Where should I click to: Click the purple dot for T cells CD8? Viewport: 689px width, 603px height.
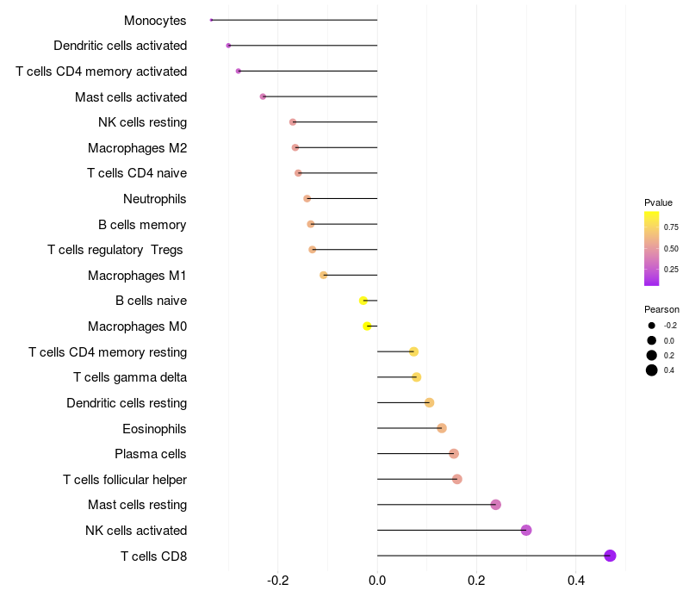click(610, 556)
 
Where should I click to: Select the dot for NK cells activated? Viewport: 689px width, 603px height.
click(526, 530)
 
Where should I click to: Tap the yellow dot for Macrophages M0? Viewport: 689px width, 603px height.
click(368, 326)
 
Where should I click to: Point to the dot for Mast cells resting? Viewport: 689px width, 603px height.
click(495, 505)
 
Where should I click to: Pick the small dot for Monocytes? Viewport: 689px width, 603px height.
click(211, 20)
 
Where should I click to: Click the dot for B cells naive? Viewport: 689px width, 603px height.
click(363, 301)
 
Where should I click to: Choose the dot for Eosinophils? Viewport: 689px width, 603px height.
click(442, 428)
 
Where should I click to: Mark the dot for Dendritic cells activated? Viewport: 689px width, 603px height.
click(228, 45)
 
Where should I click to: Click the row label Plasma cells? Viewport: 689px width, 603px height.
click(151, 454)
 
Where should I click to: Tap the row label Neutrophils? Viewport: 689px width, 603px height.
click(155, 199)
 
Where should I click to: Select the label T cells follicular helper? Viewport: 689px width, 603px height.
click(125, 479)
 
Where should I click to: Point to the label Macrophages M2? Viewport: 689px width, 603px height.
click(138, 148)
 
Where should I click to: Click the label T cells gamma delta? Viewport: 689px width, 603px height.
click(130, 377)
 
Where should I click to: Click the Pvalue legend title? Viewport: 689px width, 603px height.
click(658, 202)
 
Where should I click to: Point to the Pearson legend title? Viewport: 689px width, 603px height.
click(661, 309)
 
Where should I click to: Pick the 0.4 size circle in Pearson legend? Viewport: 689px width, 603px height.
click(652, 370)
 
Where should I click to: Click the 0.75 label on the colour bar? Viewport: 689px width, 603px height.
click(671, 227)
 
